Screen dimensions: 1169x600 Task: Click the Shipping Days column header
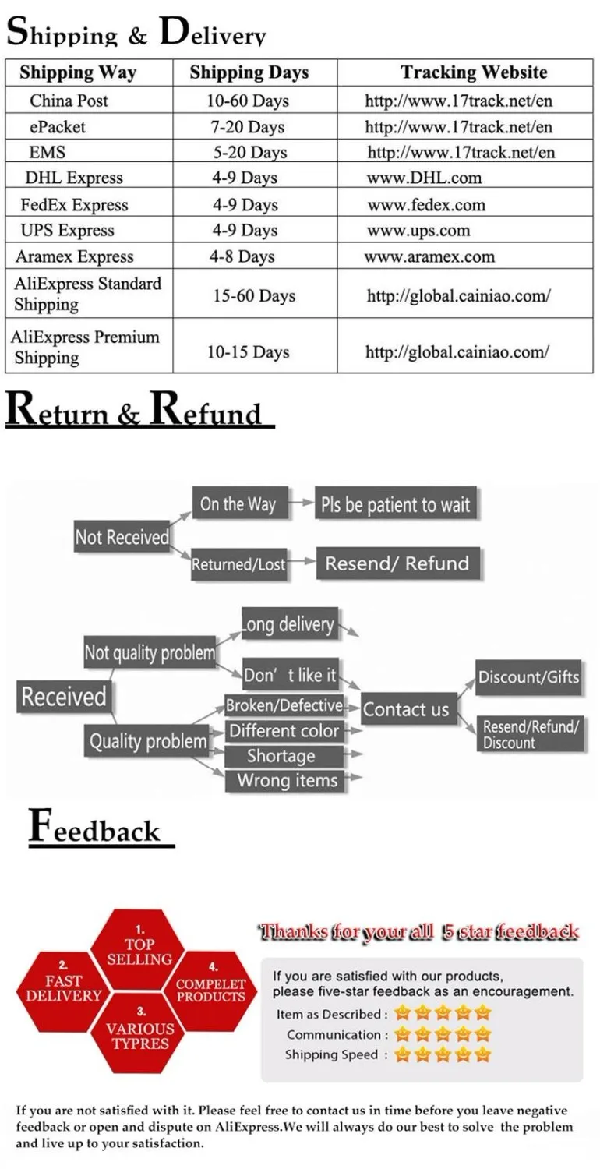coord(249,73)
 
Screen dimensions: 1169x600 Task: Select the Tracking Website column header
coord(474,73)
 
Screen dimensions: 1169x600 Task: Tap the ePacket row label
coord(58,126)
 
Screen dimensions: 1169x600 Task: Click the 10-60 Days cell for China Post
coord(248,101)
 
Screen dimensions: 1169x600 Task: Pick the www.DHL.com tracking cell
coord(425,178)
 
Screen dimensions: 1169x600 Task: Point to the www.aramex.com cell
coord(429,256)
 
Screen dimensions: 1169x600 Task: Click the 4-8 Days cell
coord(242,256)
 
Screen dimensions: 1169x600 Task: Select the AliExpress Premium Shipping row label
coord(85,348)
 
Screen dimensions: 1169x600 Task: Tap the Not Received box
coord(122,537)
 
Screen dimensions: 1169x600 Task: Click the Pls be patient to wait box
coord(396,505)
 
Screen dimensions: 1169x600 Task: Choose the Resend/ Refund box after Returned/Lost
coord(397,563)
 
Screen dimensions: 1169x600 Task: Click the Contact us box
coord(406,709)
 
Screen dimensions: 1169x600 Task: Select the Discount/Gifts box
coord(529,676)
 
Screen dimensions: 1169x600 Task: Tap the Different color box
coord(284,731)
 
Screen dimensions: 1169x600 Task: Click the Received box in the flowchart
coord(64,696)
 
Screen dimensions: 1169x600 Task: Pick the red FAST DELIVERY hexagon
coord(63,987)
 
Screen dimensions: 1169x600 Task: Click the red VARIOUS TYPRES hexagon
coord(141,1035)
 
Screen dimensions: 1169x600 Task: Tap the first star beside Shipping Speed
coord(402,1055)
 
